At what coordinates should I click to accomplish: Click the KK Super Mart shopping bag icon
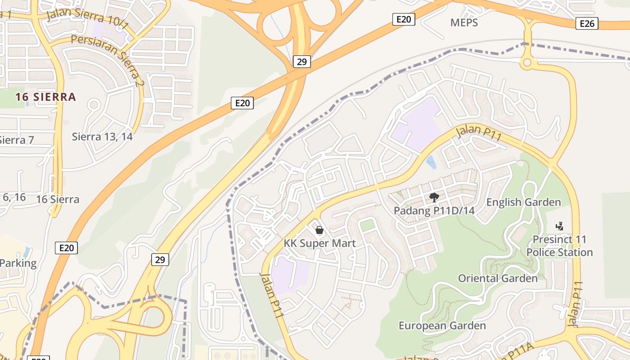click(319, 230)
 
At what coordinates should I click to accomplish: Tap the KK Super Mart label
click(319, 243)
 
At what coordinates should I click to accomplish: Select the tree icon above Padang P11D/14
click(434, 197)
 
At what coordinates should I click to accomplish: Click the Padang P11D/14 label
click(434, 211)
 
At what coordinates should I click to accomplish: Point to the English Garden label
click(524, 202)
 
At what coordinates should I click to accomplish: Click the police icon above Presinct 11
click(560, 226)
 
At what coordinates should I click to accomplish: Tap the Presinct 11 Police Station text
click(560, 246)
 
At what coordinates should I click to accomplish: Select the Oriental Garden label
click(498, 278)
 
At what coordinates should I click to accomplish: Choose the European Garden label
click(442, 325)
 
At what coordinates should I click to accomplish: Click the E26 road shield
click(587, 24)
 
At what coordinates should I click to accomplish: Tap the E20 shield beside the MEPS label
click(403, 19)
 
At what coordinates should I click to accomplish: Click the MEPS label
click(464, 22)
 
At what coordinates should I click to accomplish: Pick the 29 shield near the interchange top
click(301, 62)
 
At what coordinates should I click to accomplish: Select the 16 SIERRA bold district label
click(45, 97)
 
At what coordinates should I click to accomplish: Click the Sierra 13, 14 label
click(102, 136)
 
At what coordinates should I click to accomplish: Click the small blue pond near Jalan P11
click(431, 162)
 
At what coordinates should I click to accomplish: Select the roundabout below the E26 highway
click(527, 62)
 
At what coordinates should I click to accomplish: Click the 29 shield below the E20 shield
click(160, 259)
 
